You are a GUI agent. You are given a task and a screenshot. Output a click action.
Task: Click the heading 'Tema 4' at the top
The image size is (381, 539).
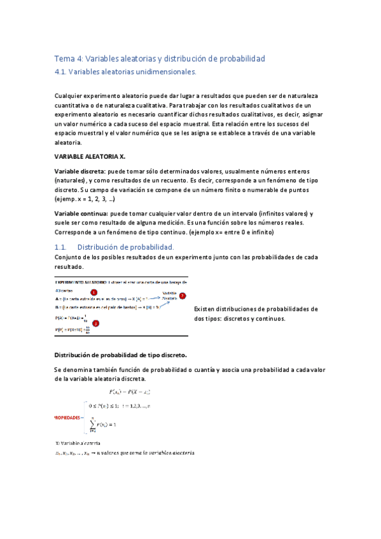tap(71, 58)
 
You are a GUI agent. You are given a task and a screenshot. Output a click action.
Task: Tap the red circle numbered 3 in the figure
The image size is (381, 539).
tap(96, 322)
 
